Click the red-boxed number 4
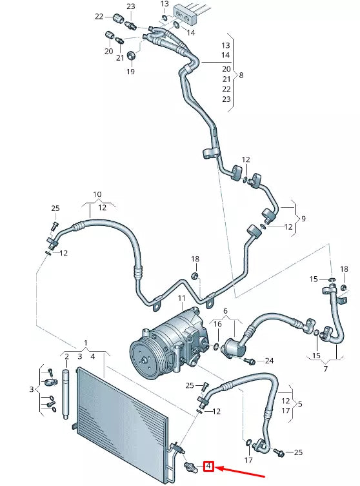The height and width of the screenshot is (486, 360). click(209, 465)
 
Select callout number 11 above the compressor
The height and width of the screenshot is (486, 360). click(181, 298)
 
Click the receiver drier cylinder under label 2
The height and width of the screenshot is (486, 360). click(66, 393)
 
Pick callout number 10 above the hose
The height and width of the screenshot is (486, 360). click(97, 194)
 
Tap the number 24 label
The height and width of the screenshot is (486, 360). click(269, 360)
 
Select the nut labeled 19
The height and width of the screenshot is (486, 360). click(131, 56)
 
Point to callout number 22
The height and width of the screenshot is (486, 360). click(99, 16)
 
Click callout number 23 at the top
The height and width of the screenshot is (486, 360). click(131, 6)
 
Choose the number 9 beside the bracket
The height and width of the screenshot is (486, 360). click(303, 218)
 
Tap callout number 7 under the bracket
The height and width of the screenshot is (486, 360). click(325, 369)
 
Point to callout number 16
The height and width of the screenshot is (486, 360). click(218, 324)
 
